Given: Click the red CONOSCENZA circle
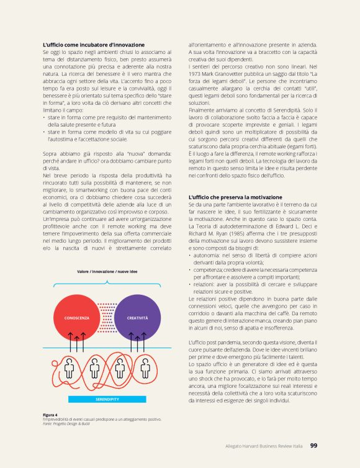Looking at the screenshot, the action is click(x=78, y=318).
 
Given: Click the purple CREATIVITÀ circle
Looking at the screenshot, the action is click(x=137, y=318).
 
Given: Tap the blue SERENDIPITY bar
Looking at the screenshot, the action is click(x=107, y=397).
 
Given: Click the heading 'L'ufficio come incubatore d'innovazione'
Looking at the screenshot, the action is click(x=94, y=45).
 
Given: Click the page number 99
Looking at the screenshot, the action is click(x=314, y=444).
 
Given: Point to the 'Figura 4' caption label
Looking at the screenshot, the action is click(x=50, y=415).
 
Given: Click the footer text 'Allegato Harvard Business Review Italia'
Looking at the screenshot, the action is click(x=264, y=445).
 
